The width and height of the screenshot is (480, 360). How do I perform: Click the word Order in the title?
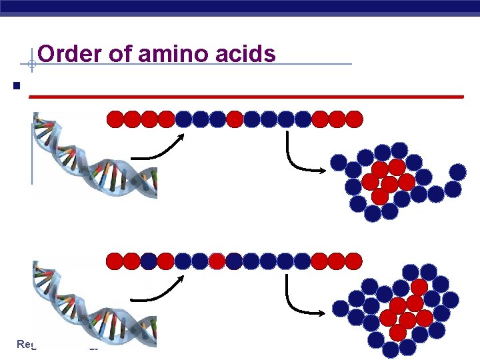pos(65,53)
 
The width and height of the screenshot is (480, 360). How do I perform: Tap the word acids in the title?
pos(248,53)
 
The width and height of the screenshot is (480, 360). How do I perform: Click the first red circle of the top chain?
pos(115,119)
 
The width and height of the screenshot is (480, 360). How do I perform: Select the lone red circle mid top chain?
pos(235,119)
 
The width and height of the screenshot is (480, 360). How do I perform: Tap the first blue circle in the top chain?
pos(183,119)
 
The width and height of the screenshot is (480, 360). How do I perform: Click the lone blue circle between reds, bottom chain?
pos(149,261)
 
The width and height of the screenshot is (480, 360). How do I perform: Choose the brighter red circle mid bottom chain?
pos(217,261)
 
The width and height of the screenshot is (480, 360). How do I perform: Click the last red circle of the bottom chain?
pos(354,261)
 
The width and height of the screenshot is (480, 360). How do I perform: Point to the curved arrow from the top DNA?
pos(160,149)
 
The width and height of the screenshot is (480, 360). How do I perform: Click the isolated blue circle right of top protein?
pos(457,172)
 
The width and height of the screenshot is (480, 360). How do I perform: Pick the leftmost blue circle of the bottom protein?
pos(341,308)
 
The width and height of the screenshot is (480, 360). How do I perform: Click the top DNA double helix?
pos(93,157)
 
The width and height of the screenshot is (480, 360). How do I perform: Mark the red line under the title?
pos(247,97)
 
